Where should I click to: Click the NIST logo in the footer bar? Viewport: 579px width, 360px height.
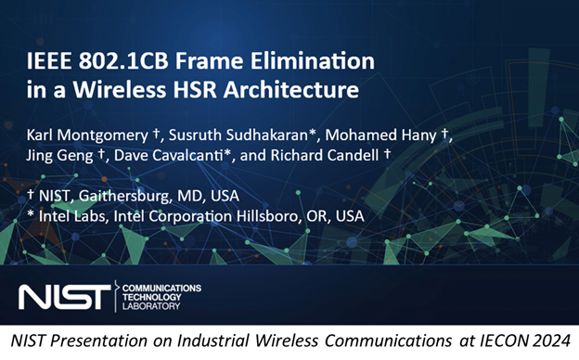(62, 296)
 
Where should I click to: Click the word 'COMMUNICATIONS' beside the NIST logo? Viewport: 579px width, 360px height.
(164, 287)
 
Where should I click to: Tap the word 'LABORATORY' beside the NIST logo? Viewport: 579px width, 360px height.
(154, 306)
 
